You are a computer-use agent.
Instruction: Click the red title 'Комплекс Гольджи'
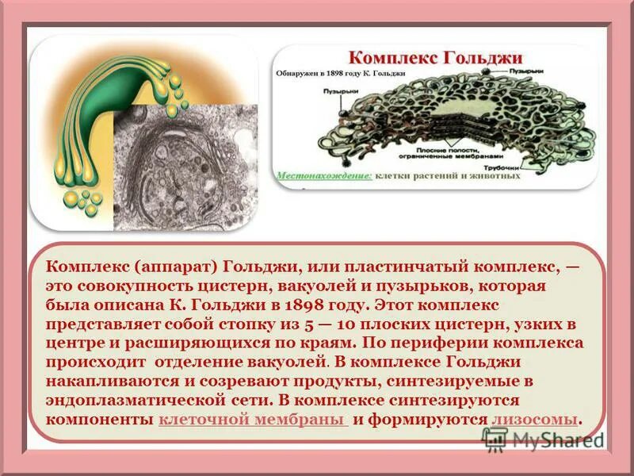pos(436,58)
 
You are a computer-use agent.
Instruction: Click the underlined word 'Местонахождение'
pos(323,175)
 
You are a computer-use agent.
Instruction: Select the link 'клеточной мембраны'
pos(253,419)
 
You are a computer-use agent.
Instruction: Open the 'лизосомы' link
pos(534,419)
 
